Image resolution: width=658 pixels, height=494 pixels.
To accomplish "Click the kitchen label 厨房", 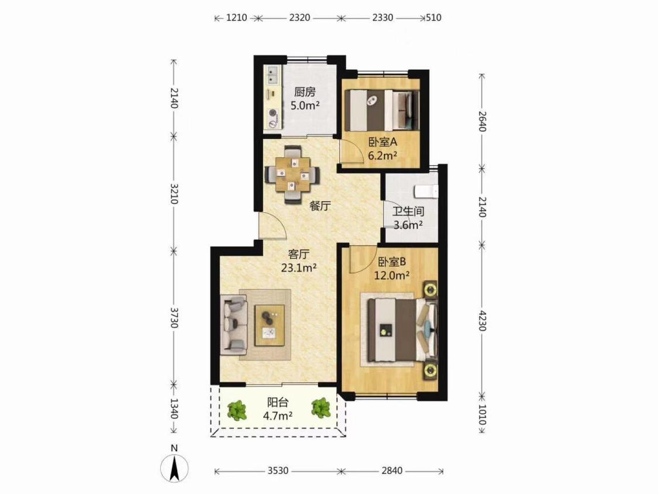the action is click(305, 92).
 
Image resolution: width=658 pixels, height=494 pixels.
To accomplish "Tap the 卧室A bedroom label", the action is click(383, 142).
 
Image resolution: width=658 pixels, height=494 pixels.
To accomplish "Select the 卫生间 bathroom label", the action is click(408, 211).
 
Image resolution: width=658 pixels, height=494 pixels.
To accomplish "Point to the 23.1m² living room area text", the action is click(298, 267).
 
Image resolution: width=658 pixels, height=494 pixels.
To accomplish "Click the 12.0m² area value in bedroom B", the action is click(392, 276).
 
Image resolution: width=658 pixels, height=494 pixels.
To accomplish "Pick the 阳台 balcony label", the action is click(278, 402).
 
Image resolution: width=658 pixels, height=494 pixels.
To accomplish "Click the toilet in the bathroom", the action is click(426, 191).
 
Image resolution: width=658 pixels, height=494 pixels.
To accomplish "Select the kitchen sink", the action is click(273, 76).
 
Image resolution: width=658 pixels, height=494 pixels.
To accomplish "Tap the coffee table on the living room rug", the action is click(270, 325).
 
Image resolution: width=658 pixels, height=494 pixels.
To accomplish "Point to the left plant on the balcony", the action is click(237, 410).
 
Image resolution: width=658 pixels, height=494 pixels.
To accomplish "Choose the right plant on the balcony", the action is click(320, 408).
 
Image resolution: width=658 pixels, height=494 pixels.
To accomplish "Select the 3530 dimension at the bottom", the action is click(278, 471).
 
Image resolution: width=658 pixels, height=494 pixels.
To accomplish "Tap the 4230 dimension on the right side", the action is click(482, 321).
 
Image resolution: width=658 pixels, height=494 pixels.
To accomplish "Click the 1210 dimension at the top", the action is click(237, 18).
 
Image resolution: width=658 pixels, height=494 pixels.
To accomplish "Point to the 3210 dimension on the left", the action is click(174, 194).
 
